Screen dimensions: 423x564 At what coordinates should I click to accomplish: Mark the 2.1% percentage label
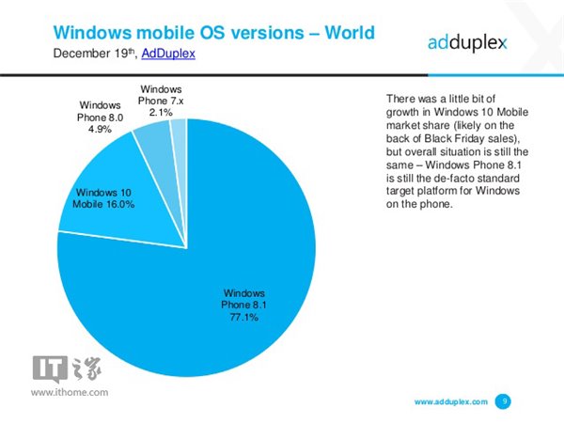(162, 111)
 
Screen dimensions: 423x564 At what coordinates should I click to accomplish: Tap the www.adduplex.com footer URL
(451, 401)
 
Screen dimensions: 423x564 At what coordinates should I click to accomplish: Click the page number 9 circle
(504, 401)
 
